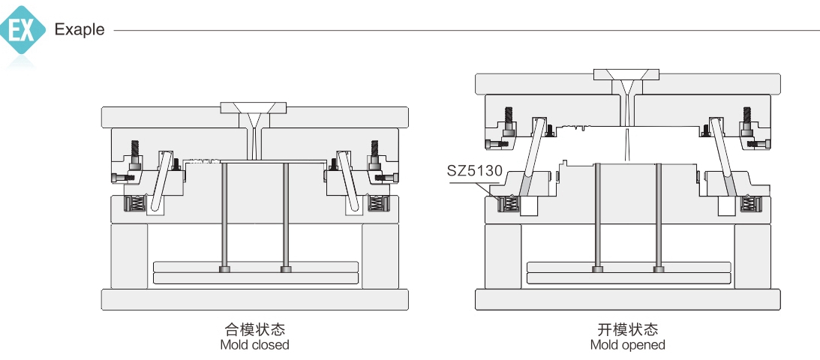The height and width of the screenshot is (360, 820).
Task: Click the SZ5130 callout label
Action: point(474,170)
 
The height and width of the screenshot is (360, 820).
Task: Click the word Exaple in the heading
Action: point(80,31)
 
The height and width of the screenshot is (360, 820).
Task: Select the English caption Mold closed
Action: point(254,345)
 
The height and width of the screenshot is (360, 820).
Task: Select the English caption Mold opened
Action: point(627,345)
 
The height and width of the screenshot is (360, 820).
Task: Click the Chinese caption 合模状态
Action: point(255,329)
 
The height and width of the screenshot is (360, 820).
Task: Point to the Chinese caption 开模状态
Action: point(627,329)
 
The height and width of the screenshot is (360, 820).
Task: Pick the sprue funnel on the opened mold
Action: point(626,81)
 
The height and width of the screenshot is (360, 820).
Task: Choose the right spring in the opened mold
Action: point(747,203)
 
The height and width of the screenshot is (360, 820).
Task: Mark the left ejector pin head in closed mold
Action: point(224,269)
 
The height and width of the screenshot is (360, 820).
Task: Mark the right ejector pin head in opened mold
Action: point(658,269)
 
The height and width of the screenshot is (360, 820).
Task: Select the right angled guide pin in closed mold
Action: point(347,180)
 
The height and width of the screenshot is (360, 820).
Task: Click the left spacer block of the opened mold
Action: point(503,256)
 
